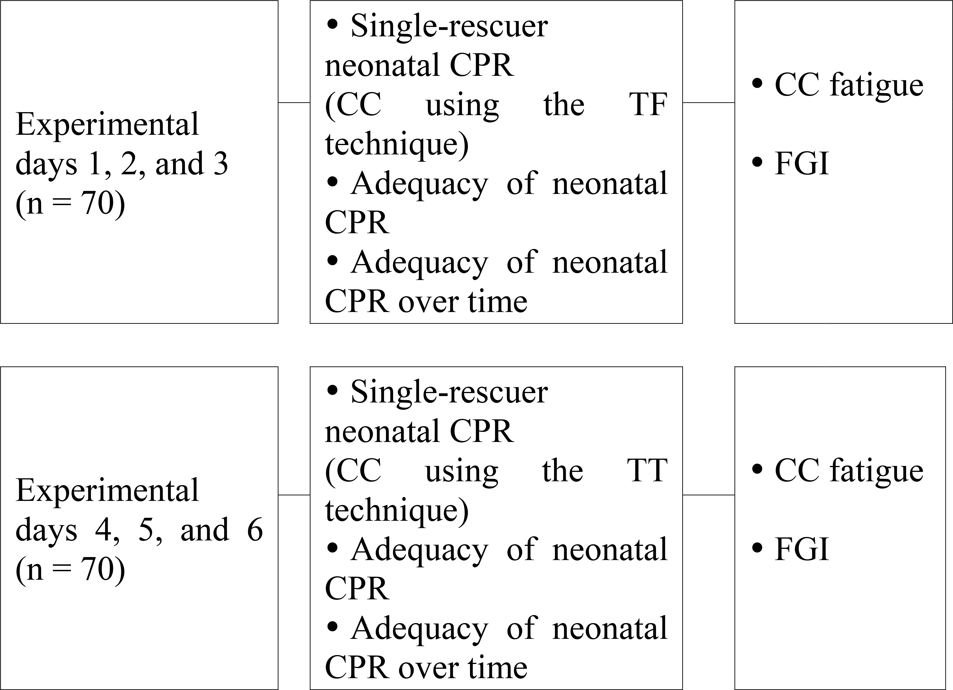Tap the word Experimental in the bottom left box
click(107, 491)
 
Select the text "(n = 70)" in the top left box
click(70, 204)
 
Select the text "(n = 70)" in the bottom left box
click(70, 570)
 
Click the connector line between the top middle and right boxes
click(709, 102)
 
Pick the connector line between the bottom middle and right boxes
click(709, 495)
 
